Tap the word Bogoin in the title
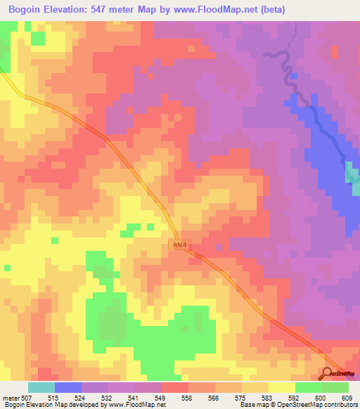click(x=27, y=9)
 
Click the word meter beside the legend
click(x=12, y=397)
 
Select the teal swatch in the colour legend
click(x=41, y=387)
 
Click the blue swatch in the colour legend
click(x=68, y=387)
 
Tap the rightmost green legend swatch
click(x=335, y=387)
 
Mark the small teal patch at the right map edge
click(x=351, y=173)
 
